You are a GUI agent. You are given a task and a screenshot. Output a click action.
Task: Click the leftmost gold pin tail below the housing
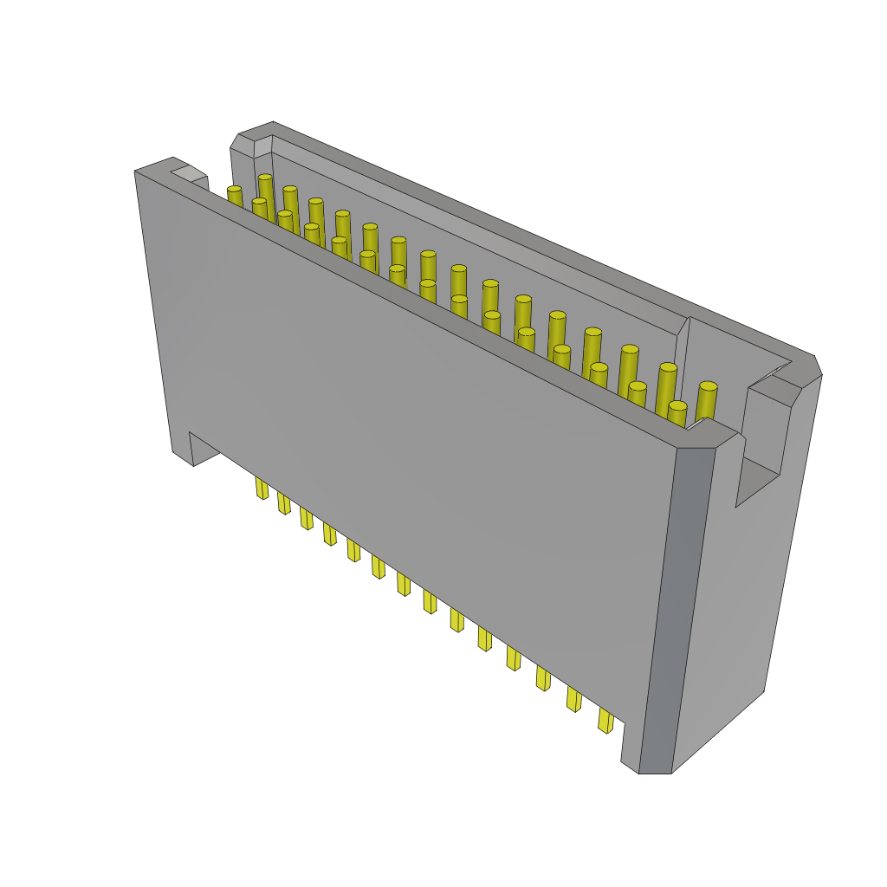tap(262, 489)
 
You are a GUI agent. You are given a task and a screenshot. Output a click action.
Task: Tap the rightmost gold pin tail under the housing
tap(605, 720)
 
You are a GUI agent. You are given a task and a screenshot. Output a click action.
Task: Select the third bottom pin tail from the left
tap(306, 518)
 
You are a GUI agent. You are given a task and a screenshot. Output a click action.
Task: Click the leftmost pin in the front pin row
tap(235, 196)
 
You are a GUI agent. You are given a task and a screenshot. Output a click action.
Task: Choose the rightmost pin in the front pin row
tap(677, 413)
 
